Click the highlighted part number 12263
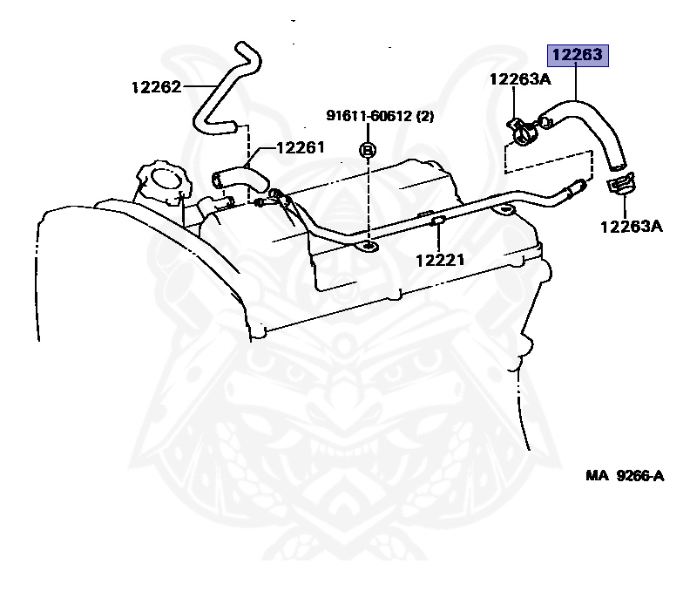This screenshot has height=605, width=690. tap(575, 56)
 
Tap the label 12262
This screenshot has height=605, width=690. tap(157, 86)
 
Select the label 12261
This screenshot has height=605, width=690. tap(300, 147)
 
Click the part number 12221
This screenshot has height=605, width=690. tap(439, 259)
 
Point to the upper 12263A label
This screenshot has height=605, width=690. tap(520, 79)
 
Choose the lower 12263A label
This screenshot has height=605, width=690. tap(631, 227)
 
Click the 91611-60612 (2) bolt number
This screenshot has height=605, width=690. tap(380, 115)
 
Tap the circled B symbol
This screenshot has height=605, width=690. tap(368, 149)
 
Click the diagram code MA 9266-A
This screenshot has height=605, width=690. tap(624, 475)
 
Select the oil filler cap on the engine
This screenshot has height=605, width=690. tap(162, 181)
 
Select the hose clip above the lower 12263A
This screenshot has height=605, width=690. tap(619, 185)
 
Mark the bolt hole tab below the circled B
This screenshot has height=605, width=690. tap(368, 248)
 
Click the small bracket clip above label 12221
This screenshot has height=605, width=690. tap(438, 224)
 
